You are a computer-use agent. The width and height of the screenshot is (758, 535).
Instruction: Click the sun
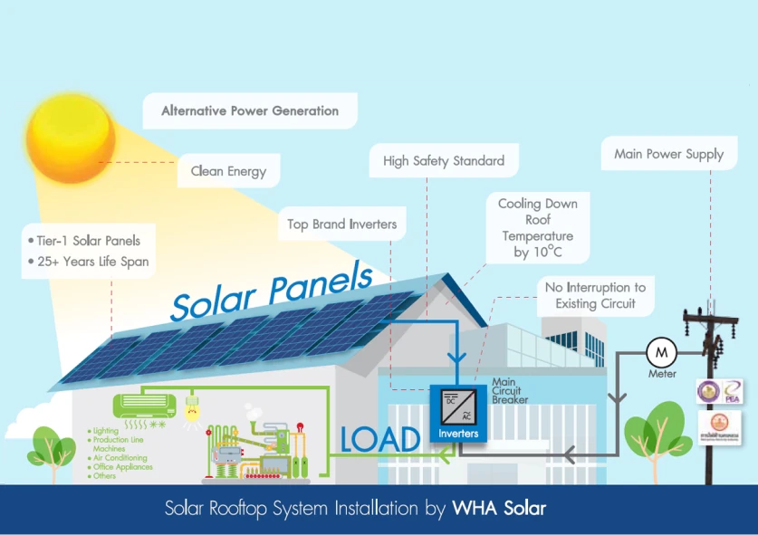(x=70, y=138)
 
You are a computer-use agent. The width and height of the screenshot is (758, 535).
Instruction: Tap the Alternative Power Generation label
(x=250, y=111)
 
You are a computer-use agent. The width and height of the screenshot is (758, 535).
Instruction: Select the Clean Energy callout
(x=228, y=170)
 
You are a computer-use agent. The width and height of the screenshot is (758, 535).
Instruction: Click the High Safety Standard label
(x=443, y=161)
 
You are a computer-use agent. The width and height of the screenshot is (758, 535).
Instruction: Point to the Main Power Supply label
(x=668, y=154)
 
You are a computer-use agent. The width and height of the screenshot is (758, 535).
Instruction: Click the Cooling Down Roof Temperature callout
(x=538, y=227)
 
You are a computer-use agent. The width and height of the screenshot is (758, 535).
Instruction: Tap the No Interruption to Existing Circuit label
(x=595, y=295)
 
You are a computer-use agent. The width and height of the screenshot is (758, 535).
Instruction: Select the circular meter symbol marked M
(x=660, y=350)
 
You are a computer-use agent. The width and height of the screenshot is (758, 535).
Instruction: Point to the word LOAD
(x=380, y=439)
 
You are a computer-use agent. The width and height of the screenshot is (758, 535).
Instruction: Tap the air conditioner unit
(x=143, y=404)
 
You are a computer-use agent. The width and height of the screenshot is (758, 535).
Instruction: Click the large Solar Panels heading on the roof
(x=272, y=291)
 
